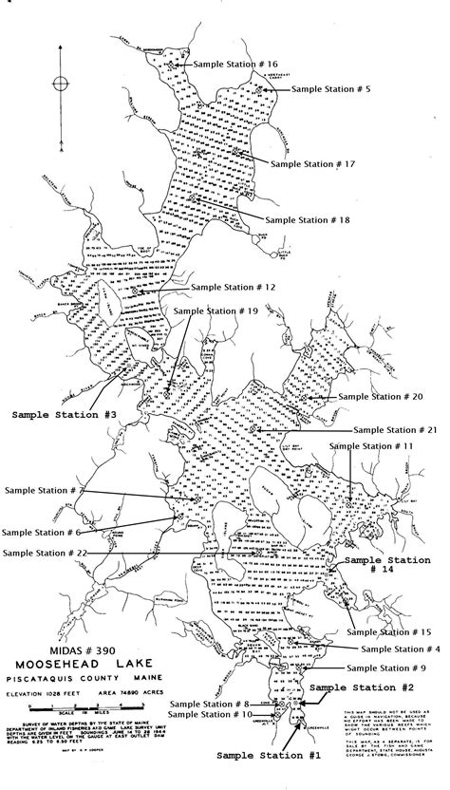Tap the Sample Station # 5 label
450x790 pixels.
(x=331, y=88)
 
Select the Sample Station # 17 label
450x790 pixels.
(x=312, y=163)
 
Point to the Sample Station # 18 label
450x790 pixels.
(x=308, y=218)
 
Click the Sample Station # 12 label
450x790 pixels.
(x=234, y=286)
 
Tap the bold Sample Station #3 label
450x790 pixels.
(x=65, y=414)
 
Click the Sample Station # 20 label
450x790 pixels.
(x=381, y=396)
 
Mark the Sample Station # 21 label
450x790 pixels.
(x=395, y=429)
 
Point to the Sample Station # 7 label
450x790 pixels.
(x=46, y=490)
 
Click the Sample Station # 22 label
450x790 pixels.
(x=46, y=553)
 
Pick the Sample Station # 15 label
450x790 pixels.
(x=392, y=631)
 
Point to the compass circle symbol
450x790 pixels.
(x=61, y=83)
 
